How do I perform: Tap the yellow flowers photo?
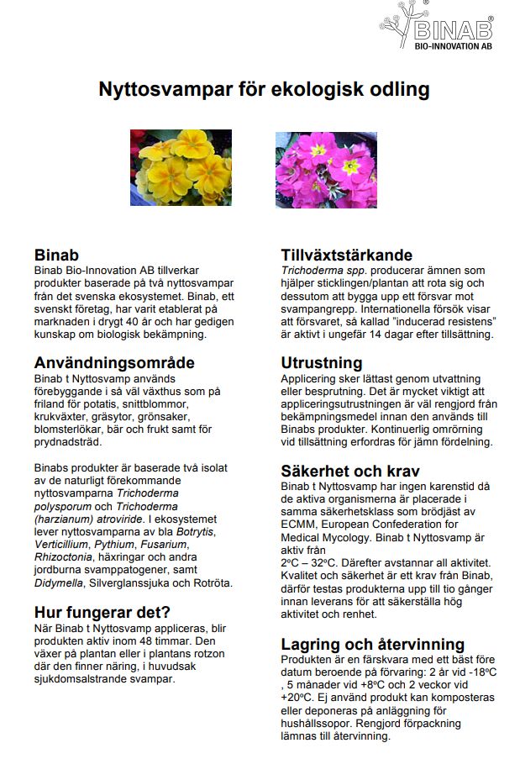[181, 167]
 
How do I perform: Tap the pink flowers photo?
[326, 169]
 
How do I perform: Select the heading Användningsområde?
[114, 363]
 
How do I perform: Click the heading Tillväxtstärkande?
[346, 255]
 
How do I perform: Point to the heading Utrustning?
[322, 363]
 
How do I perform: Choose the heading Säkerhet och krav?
[350, 471]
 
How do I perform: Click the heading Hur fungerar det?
[102, 611]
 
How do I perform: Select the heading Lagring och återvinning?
[372, 644]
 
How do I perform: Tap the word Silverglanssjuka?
[139, 582]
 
